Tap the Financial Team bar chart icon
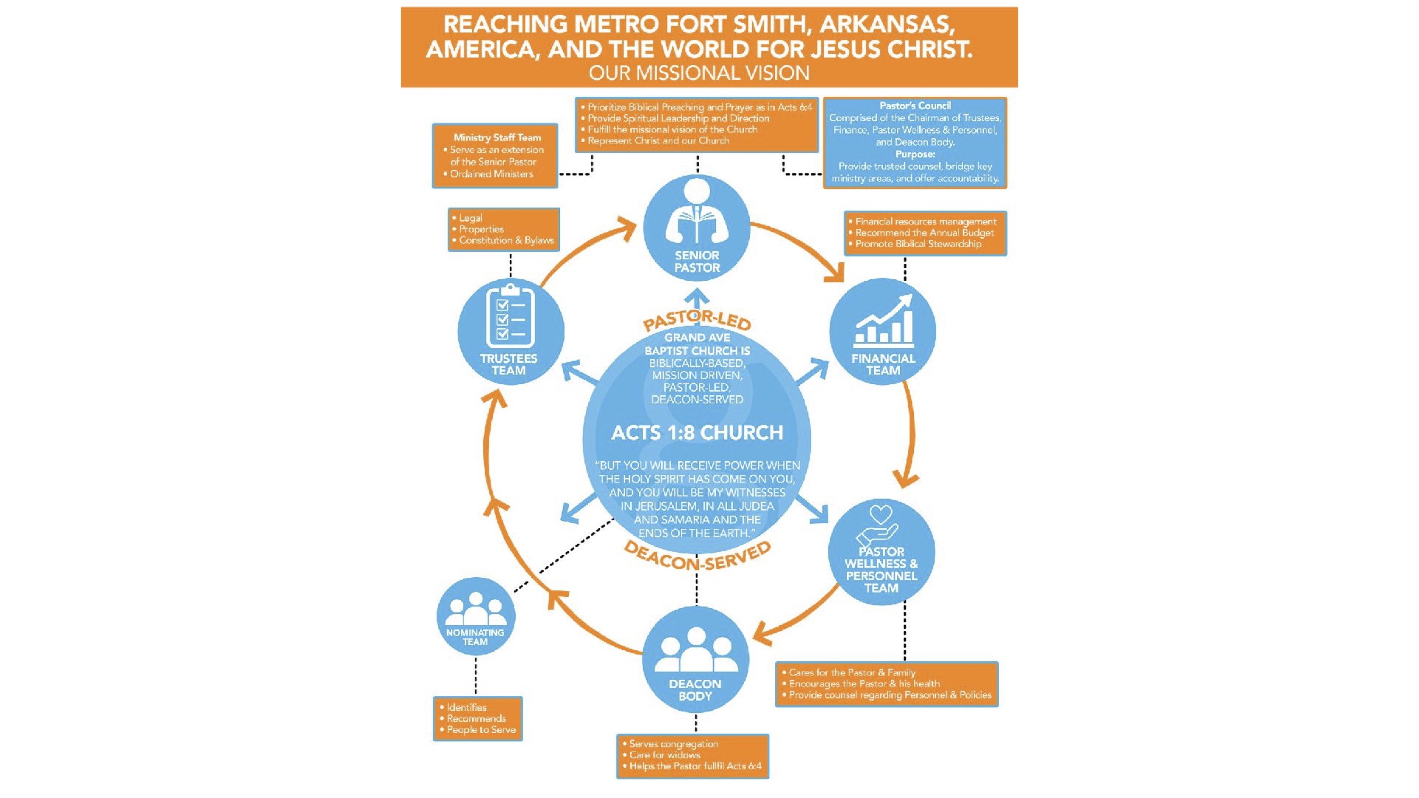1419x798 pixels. click(883, 319)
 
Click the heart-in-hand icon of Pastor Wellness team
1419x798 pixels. click(879, 526)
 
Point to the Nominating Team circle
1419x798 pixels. click(475, 616)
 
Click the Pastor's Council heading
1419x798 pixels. click(915, 105)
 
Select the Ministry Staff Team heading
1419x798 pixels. click(497, 137)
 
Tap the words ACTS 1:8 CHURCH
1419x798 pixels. click(697, 433)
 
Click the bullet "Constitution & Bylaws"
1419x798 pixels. click(503, 240)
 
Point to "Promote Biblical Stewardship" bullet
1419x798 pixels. click(915, 244)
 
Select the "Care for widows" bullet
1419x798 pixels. click(661, 755)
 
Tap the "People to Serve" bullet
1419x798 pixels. click(477, 730)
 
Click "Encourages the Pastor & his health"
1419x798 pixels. click(861, 684)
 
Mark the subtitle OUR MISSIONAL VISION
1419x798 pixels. click(699, 73)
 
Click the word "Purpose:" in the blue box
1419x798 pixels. click(915, 154)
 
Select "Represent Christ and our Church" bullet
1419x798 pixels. click(655, 141)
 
